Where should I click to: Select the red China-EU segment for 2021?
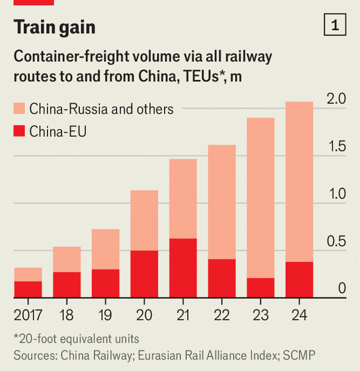[x=183, y=268]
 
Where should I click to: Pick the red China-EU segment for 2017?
[x=28, y=289]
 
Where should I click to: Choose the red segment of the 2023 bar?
[x=260, y=287]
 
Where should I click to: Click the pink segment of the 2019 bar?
[x=105, y=250]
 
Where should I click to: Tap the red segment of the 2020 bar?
[x=144, y=274]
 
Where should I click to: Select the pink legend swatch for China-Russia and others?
[x=20, y=109]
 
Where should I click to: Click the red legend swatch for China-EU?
[x=20, y=131]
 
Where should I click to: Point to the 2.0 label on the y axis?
[x=337, y=99]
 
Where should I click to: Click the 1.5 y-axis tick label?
[x=337, y=146]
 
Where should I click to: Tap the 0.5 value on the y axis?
[x=337, y=241]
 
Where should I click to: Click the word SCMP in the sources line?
[x=300, y=355]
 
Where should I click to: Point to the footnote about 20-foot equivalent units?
[x=76, y=339]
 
